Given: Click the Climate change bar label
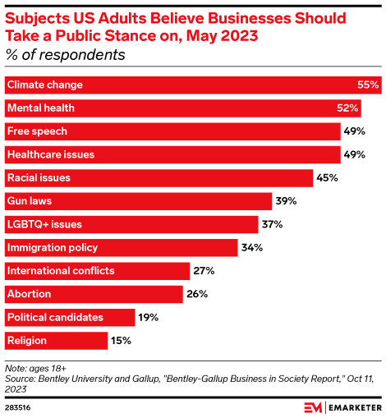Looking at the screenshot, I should [x=44, y=85].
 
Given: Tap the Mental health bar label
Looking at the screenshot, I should [x=40, y=108].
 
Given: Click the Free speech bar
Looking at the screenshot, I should [x=172, y=131].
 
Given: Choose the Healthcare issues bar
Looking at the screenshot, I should [x=172, y=154].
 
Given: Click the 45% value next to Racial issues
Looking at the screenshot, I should [x=328, y=177].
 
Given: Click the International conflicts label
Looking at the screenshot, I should [x=60, y=270].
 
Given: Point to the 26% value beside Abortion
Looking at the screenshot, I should [x=198, y=294].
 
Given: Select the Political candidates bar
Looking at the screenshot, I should [x=69, y=317].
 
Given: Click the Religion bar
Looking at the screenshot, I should [x=56, y=340].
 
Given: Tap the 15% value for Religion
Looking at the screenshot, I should [x=122, y=340].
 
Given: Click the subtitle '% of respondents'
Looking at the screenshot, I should [x=65, y=56].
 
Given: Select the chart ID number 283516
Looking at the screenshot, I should [x=20, y=406].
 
